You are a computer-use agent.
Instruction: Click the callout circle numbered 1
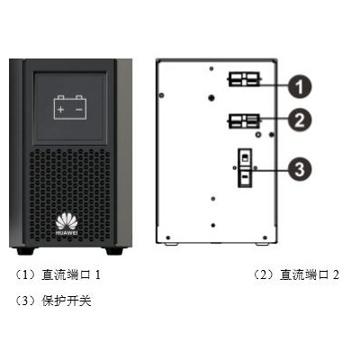300,86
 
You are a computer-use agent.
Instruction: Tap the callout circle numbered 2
300,120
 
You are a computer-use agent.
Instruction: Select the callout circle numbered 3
300,169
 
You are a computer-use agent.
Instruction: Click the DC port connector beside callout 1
244,79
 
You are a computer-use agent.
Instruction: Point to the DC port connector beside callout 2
244,121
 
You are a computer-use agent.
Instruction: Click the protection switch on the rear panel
245,168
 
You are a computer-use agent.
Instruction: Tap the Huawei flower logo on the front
67,221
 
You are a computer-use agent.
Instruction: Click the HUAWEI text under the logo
67,233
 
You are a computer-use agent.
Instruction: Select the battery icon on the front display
70,107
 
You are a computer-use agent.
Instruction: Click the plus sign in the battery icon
61,110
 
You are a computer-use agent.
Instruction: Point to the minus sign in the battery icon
79,110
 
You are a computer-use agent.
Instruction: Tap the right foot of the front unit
114,251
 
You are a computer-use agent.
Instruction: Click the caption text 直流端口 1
71,274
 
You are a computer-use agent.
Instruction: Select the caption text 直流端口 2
310,274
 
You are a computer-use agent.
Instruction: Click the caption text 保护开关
67,301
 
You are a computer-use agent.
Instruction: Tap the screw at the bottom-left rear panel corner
168,238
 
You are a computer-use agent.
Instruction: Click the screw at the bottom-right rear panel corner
265,238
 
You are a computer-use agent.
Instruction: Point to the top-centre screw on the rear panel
211,68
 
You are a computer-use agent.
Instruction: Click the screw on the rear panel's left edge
162,95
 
